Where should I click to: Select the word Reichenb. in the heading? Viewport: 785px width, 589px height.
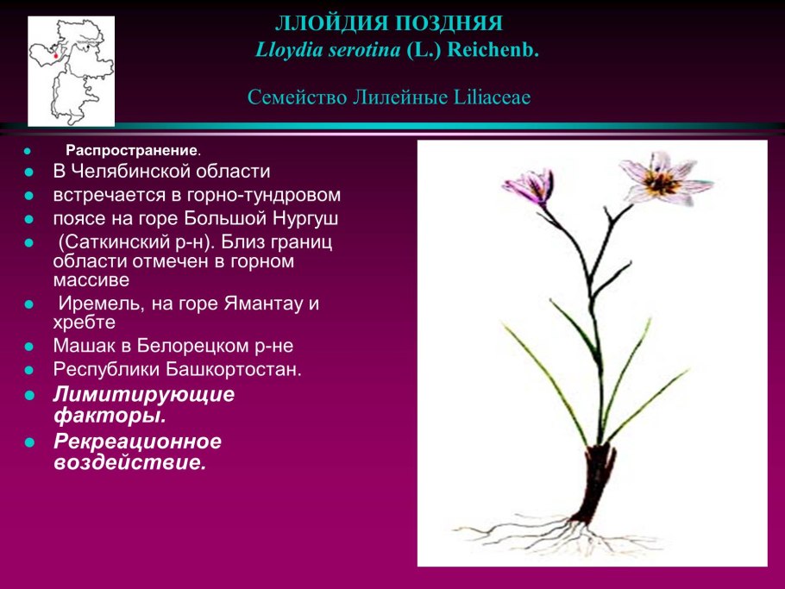click(493, 50)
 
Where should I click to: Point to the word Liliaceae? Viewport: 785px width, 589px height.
click(492, 97)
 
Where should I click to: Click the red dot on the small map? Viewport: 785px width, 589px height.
click(55, 55)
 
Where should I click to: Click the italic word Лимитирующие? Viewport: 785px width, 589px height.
click(144, 394)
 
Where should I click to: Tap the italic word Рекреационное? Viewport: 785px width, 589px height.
click(137, 442)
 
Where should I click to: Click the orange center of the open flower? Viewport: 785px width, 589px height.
click(662, 183)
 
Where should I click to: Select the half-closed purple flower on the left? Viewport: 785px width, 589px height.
click(529, 187)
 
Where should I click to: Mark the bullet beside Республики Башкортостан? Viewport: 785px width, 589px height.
click(29, 370)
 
